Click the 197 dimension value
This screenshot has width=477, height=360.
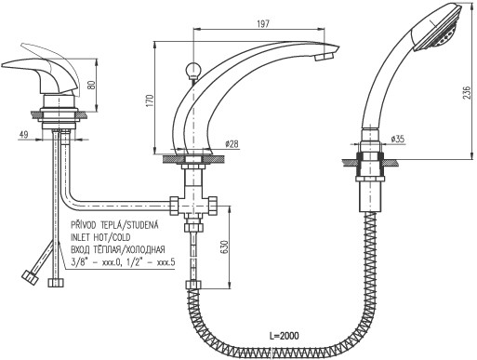[x=263, y=23]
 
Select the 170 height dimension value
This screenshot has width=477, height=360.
[x=150, y=100]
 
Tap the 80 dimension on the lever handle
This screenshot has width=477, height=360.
[x=92, y=84]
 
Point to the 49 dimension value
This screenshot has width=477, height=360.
[x=24, y=135]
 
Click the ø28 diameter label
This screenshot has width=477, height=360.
[x=232, y=143]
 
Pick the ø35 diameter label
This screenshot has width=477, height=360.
[x=398, y=139]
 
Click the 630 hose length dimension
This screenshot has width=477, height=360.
[x=224, y=247]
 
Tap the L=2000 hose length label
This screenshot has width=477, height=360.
[x=285, y=336]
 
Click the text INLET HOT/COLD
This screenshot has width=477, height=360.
[x=100, y=237]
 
